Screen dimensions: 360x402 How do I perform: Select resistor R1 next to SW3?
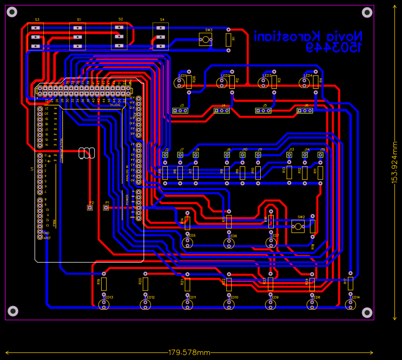[228, 39]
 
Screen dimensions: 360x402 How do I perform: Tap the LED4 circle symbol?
[305, 82]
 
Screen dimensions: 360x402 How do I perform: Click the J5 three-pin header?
[263, 110]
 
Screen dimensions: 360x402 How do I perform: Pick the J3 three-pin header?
[180, 110]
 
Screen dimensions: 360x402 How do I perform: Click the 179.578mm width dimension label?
[189, 353]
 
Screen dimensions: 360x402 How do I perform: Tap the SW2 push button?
[298, 226]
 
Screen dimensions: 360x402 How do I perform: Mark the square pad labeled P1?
[106, 208]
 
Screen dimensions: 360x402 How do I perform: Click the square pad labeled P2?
[90, 208]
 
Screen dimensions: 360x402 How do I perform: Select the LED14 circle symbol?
[351, 305]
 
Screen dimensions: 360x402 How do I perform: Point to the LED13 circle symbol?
[104, 305]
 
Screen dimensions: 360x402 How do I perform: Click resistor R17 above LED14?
[351, 283]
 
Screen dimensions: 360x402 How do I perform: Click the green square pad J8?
[227, 155]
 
